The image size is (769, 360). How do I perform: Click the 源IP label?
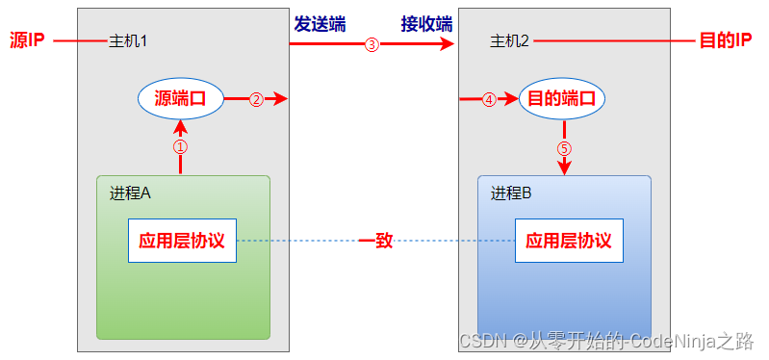26,41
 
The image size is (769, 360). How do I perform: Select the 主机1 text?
128,41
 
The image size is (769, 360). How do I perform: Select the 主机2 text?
509,41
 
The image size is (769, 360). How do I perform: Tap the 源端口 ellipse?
181,98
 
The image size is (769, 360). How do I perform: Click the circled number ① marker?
180,147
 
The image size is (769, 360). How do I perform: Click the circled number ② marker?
256,99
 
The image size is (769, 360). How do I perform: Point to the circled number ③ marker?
372,44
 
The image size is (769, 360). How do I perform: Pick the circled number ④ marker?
489,99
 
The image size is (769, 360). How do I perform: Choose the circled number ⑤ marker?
564,149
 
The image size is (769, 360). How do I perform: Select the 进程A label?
131,193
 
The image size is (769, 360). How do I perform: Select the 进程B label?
511,193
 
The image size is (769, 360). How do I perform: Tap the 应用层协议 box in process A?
182,240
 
